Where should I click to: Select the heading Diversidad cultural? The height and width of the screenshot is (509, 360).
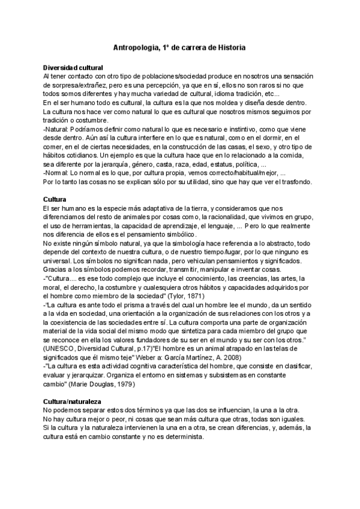coord(73,68)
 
